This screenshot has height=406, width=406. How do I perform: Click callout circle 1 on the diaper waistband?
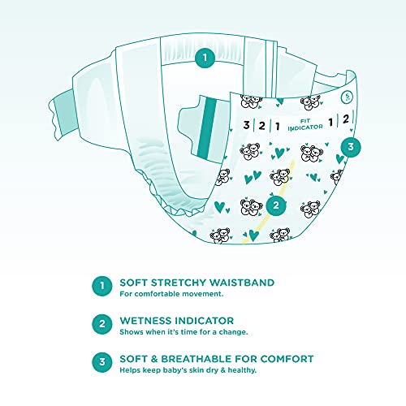[x=205, y=58]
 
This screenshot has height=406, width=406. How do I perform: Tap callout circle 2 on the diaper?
[x=276, y=205]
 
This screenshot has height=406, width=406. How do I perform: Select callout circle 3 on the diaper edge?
[x=351, y=147]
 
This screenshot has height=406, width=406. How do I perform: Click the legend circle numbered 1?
[x=102, y=286]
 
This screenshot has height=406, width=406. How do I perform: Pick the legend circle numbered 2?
[x=102, y=324]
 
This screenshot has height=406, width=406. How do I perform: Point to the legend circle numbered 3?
[x=102, y=362]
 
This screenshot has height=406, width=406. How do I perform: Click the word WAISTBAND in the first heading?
[x=242, y=283]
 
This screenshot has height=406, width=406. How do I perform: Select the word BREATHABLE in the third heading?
[x=197, y=359]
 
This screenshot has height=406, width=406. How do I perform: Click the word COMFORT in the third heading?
[x=287, y=359]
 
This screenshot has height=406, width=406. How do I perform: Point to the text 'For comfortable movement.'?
[x=171, y=294]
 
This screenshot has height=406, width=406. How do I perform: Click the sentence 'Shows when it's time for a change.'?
[x=184, y=332]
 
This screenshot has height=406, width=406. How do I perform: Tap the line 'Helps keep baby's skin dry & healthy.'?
[x=188, y=370]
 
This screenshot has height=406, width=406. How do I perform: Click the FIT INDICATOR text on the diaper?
[x=305, y=124]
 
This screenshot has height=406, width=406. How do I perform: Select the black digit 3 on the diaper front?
[x=246, y=125]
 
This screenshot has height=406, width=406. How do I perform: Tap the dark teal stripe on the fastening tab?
[x=207, y=128]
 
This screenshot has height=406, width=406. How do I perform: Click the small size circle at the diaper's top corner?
[x=347, y=97]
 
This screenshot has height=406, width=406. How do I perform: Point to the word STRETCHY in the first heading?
[x=179, y=283]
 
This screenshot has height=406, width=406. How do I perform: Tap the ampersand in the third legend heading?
[x=154, y=359]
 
